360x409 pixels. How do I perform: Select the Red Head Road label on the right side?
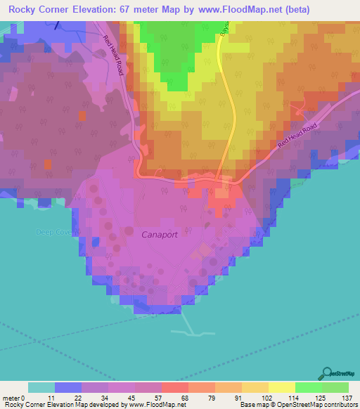(297, 134)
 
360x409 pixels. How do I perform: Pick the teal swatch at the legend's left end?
(41, 387)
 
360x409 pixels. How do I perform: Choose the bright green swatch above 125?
(308, 387)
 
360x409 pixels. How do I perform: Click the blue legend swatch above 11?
(68, 387)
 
